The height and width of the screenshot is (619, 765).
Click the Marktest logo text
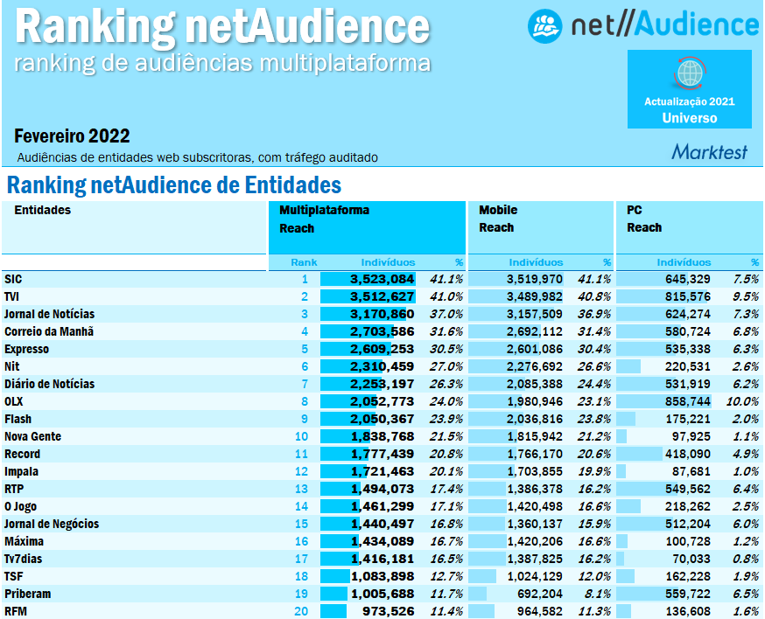pos(710,152)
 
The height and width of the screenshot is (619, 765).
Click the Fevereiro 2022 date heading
pos(72,136)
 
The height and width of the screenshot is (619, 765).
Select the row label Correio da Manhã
pos(49,331)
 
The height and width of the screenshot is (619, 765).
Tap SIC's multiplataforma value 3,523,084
pos(382,279)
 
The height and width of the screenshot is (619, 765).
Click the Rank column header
pos(304,262)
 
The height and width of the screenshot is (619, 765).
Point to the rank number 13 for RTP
pos(302,489)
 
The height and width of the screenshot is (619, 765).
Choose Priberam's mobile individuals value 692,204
pos(535,594)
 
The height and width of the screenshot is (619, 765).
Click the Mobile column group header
pos(498,210)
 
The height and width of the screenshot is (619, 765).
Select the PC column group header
pos(635,210)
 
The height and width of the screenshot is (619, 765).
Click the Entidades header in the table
pos(42,210)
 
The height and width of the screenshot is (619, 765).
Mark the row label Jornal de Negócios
pos(52,524)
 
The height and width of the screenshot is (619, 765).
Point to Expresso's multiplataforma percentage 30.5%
pos(445,349)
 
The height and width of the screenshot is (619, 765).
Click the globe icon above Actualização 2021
pos(690,73)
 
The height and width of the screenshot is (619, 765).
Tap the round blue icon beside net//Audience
pos(544,25)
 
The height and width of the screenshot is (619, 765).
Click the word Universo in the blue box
pos(690,118)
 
